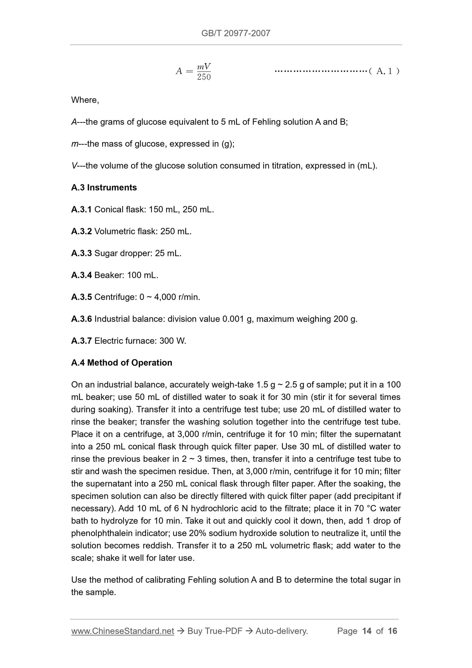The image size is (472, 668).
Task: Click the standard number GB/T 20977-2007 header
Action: pos(236,33)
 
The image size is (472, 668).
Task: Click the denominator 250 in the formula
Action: pos(204,77)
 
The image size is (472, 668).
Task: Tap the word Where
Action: pos(85,100)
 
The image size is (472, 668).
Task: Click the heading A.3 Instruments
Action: pos(104,188)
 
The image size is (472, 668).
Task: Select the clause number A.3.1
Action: pos(81,209)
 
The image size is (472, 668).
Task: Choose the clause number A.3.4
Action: pos(81,275)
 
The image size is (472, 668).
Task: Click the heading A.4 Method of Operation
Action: pos(122,363)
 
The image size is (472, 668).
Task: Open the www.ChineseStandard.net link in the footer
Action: pos(122,631)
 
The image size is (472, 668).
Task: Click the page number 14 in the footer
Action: pos(367,631)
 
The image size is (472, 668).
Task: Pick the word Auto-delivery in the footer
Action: pos(281,631)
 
